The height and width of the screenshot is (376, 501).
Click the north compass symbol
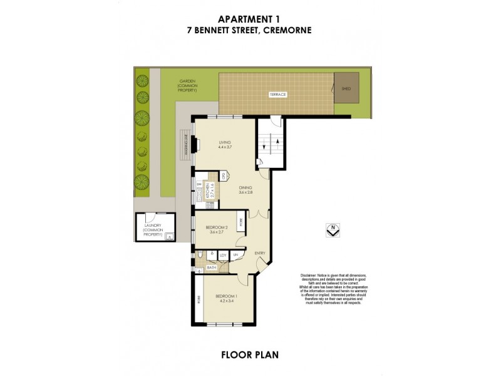click(x=334, y=230)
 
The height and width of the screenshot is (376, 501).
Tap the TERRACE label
click(x=278, y=95)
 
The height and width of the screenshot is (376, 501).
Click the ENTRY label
click(x=260, y=253)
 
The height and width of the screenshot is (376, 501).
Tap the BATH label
click(x=212, y=267)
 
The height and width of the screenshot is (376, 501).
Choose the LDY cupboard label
click(x=222, y=255)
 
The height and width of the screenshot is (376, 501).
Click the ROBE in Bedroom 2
click(x=241, y=222)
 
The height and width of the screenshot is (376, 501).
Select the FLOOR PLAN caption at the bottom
click(x=250, y=354)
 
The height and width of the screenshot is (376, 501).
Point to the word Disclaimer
click(x=309, y=276)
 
